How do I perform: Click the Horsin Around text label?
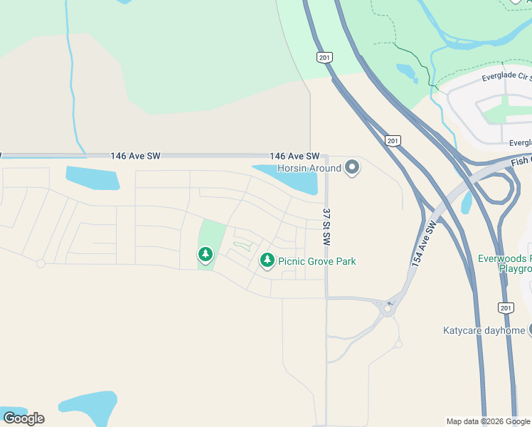coord(309,169)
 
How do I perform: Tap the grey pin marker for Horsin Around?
coord(352,168)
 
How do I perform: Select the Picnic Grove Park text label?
coord(316,261)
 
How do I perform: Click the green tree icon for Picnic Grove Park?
coord(267,261)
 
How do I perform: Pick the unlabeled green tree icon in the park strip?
coord(206,254)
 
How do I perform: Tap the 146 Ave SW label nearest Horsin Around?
coord(294,156)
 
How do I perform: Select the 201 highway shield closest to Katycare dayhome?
coord(506,307)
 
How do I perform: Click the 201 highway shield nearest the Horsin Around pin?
coord(393,141)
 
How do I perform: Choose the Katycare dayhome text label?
coord(484,330)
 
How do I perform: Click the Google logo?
coord(23,418)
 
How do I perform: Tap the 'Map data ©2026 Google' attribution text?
coord(489,421)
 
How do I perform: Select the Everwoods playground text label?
coord(504,263)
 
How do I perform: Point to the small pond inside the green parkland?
coord(407,72)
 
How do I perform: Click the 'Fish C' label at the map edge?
coord(521,161)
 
